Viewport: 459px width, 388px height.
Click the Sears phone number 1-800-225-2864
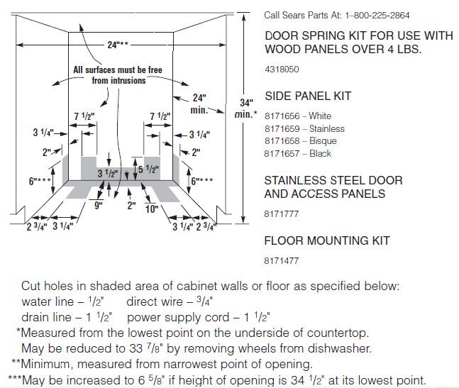click(x=377, y=15)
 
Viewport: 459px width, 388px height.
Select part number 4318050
click(x=282, y=70)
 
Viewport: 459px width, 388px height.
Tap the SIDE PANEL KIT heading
click(x=308, y=96)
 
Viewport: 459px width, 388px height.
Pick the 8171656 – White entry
click(x=298, y=116)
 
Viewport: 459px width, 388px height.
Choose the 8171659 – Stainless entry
click(x=304, y=128)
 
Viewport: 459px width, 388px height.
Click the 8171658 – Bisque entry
click(x=301, y=141)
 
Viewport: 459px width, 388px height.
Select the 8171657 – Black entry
click(x=298, y=154)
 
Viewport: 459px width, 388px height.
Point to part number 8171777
click(x=282, y=214)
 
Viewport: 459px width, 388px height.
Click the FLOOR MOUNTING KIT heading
click(x=327, y=240)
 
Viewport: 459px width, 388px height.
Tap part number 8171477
click(x=282, y=260)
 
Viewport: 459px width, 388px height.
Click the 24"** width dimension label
click(x=118, y=45)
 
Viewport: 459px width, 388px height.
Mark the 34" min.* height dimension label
click(x=246, y=109)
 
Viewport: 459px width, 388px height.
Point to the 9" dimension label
click(x=99, y=206)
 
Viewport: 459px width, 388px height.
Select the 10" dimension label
click(x=152, y=209)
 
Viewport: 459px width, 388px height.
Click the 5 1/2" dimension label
click(x=148, y=170)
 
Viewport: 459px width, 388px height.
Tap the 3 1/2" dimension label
click(x=107, y=174)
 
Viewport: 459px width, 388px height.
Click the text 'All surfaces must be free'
click(x=118, y=70)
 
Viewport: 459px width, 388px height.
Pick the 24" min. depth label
click(x=199, y=104)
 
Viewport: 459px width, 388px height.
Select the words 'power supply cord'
click(x=178, y=317)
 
